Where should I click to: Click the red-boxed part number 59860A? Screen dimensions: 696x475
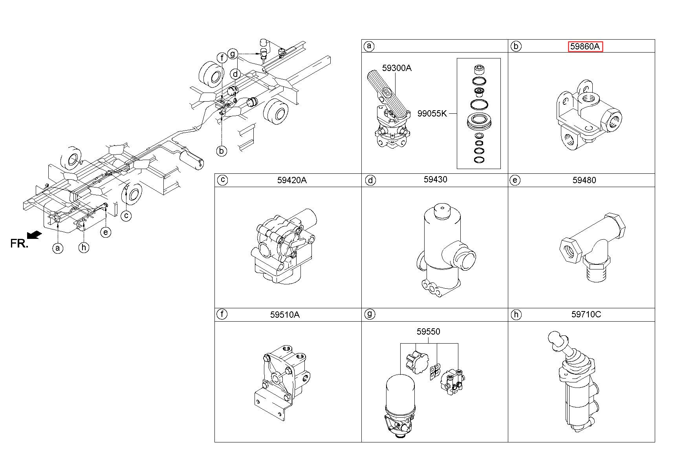coord(585,47)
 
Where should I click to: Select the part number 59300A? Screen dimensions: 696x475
coord(397,68)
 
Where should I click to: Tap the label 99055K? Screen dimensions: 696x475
coord(432,114)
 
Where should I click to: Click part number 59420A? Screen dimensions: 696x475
coord(292,180)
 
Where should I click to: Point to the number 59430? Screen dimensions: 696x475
coord(435,180)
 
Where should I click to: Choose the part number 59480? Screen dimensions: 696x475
coord(584,180)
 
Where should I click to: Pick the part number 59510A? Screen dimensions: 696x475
coord(285,315)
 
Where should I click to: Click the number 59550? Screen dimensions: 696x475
coord(429,331)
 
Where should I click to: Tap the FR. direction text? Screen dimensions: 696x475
coord(19,244)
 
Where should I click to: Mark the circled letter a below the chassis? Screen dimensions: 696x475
coord(58,248)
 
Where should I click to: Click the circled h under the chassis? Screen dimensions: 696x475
coord(84,247)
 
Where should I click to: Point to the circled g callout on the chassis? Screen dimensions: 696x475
coord(233,53)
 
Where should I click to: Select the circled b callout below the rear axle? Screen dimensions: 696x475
coord(222,151)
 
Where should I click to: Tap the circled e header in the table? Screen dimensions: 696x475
coord(515,180)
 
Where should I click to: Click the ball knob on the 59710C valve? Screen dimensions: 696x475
coord(554,338)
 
